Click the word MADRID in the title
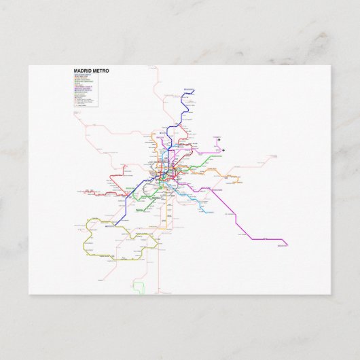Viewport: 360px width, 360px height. [84, 70]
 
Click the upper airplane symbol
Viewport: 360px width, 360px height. [219, 139]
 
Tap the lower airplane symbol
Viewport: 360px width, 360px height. [223, 150]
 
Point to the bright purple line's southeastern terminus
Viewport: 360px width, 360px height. [287, 245]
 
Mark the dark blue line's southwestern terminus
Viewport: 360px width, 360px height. [115, 224]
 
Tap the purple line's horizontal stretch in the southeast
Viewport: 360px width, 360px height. [268, 239]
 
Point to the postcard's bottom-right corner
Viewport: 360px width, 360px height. [330, 293]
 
